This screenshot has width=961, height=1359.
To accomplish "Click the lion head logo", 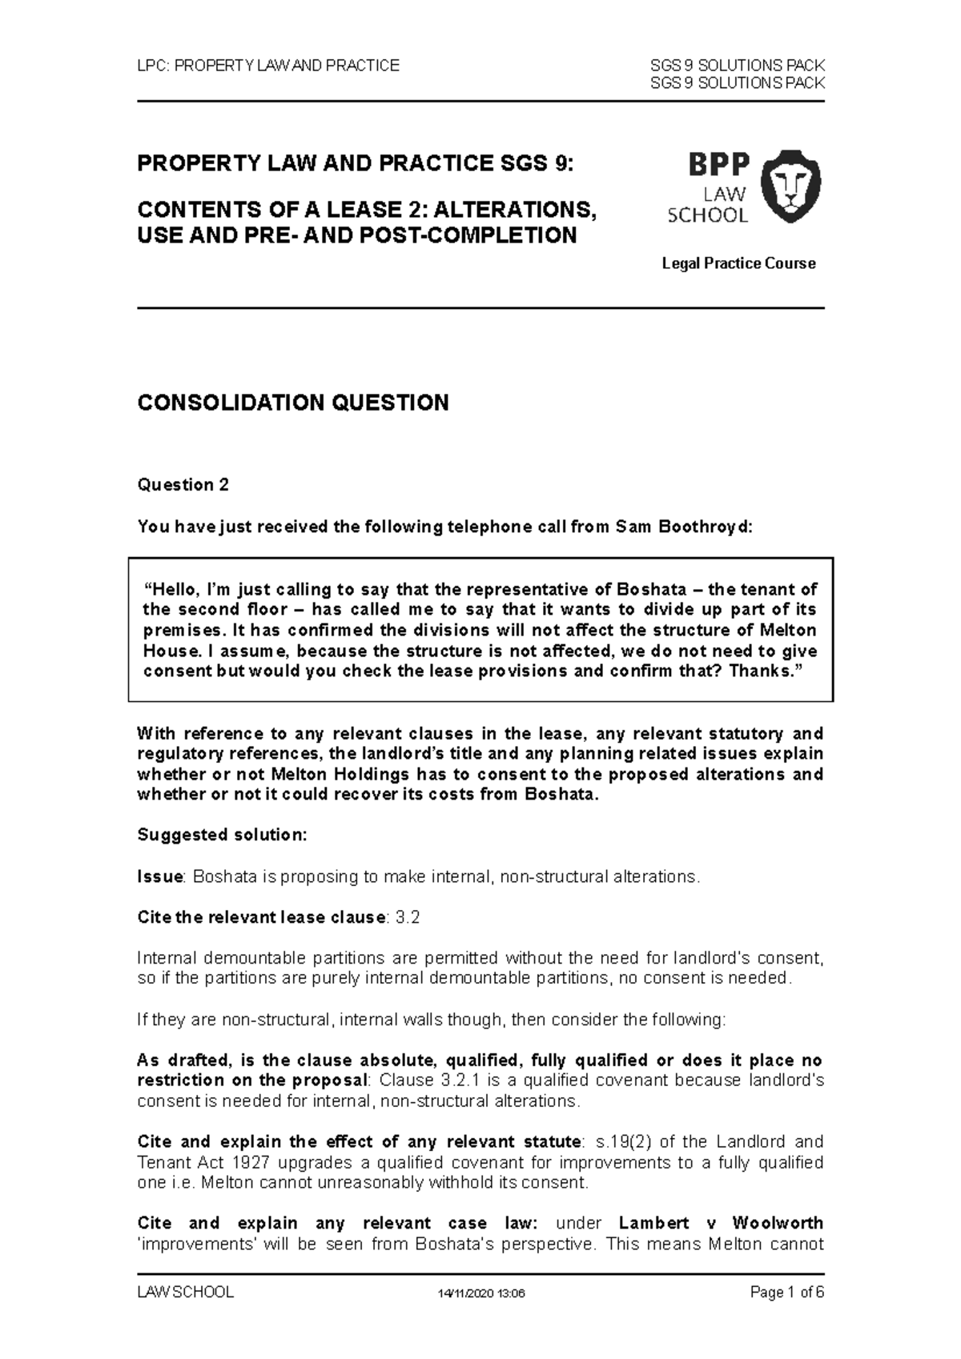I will click(790, 188).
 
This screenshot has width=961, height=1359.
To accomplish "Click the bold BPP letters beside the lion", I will click(718, 165).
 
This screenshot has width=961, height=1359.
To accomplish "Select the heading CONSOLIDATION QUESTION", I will click(293, 403).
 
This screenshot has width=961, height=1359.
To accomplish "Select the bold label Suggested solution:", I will click(222, 835).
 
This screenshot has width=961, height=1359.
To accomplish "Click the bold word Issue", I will click(160, 876).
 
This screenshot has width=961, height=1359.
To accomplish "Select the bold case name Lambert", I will click(653, 1223).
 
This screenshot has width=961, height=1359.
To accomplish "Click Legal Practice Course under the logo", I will click(738, 263).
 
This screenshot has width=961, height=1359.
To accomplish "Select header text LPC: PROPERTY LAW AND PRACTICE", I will click(268, 66).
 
